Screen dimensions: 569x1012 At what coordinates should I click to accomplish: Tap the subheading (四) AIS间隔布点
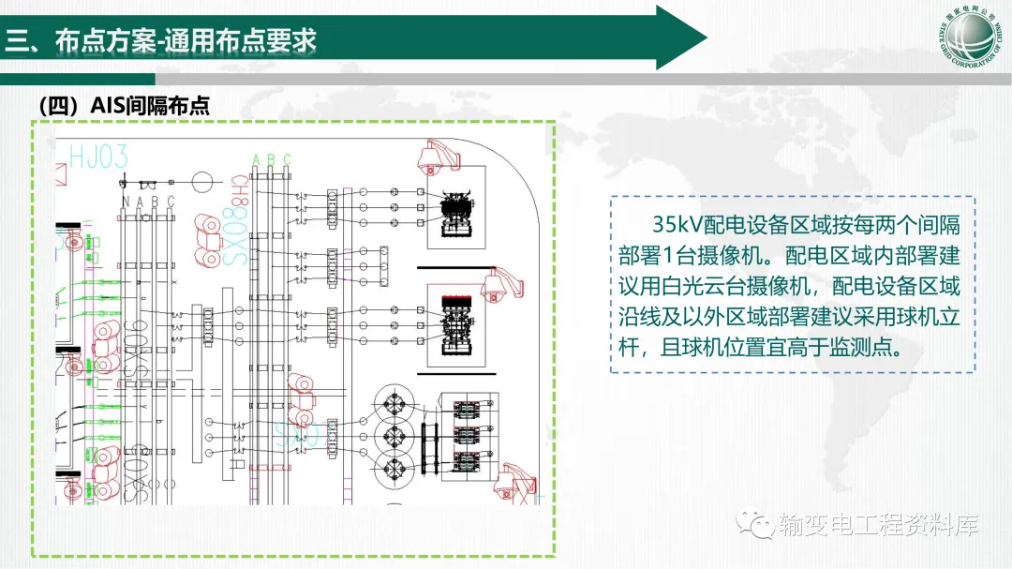[x=124, y=106]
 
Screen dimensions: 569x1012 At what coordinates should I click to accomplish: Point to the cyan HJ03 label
[x=98, y=157]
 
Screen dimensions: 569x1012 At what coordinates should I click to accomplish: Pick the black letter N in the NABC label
[x=126, y=201]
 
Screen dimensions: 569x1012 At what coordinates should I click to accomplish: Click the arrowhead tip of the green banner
[x=705, y=37]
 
